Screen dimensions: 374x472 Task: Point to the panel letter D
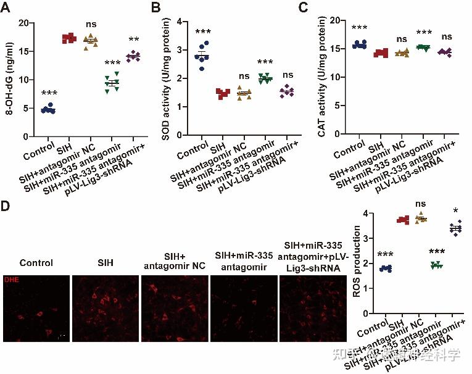coord(7,204)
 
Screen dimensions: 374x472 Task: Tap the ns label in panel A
coord(91,25)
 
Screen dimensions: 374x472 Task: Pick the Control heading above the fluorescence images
coord(36,262)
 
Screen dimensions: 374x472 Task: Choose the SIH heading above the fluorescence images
coord(106,262)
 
